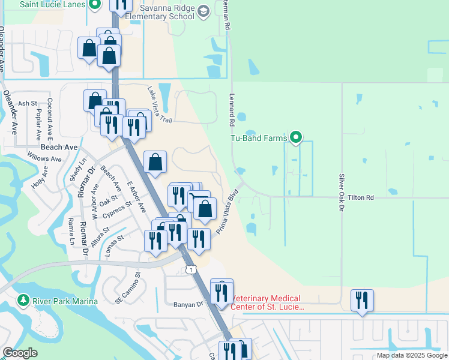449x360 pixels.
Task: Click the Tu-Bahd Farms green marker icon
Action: coord(295,138)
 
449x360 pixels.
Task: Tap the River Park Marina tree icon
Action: coord(23,299)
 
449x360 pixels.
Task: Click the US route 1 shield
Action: coord(190,270)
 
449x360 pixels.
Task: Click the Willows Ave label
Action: coord(44,159)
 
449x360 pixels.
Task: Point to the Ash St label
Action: coord(28,103)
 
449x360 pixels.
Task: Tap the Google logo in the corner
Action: coord(20,353)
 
